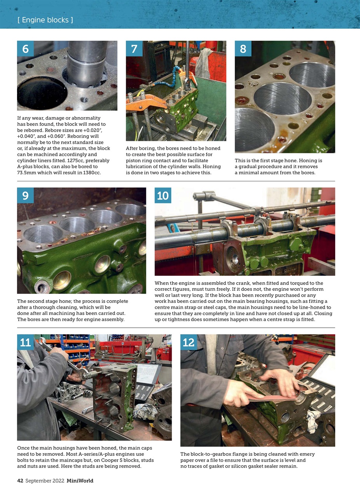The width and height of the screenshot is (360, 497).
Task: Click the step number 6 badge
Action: [25, 49]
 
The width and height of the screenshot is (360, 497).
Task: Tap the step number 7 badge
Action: [134, 49]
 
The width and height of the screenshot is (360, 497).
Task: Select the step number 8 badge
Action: [243, 49]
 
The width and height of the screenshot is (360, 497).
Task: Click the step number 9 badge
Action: [25, 195]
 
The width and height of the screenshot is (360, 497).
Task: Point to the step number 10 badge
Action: [163, 195]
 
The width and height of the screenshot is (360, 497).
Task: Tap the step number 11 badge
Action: [25, 342]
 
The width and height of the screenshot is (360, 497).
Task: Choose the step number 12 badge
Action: [189, 342]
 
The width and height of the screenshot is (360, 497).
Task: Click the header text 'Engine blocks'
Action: [45, 20]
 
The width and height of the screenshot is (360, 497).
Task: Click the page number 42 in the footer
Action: [20, 481]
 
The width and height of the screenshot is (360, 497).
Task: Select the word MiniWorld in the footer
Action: [80, 481]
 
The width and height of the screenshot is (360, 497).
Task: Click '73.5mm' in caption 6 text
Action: [26, 173]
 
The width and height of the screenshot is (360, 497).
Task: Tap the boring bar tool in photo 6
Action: [86, 62]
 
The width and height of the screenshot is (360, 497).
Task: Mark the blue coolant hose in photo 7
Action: [171, 80]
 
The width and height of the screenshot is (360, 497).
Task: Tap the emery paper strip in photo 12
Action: [272, 397]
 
